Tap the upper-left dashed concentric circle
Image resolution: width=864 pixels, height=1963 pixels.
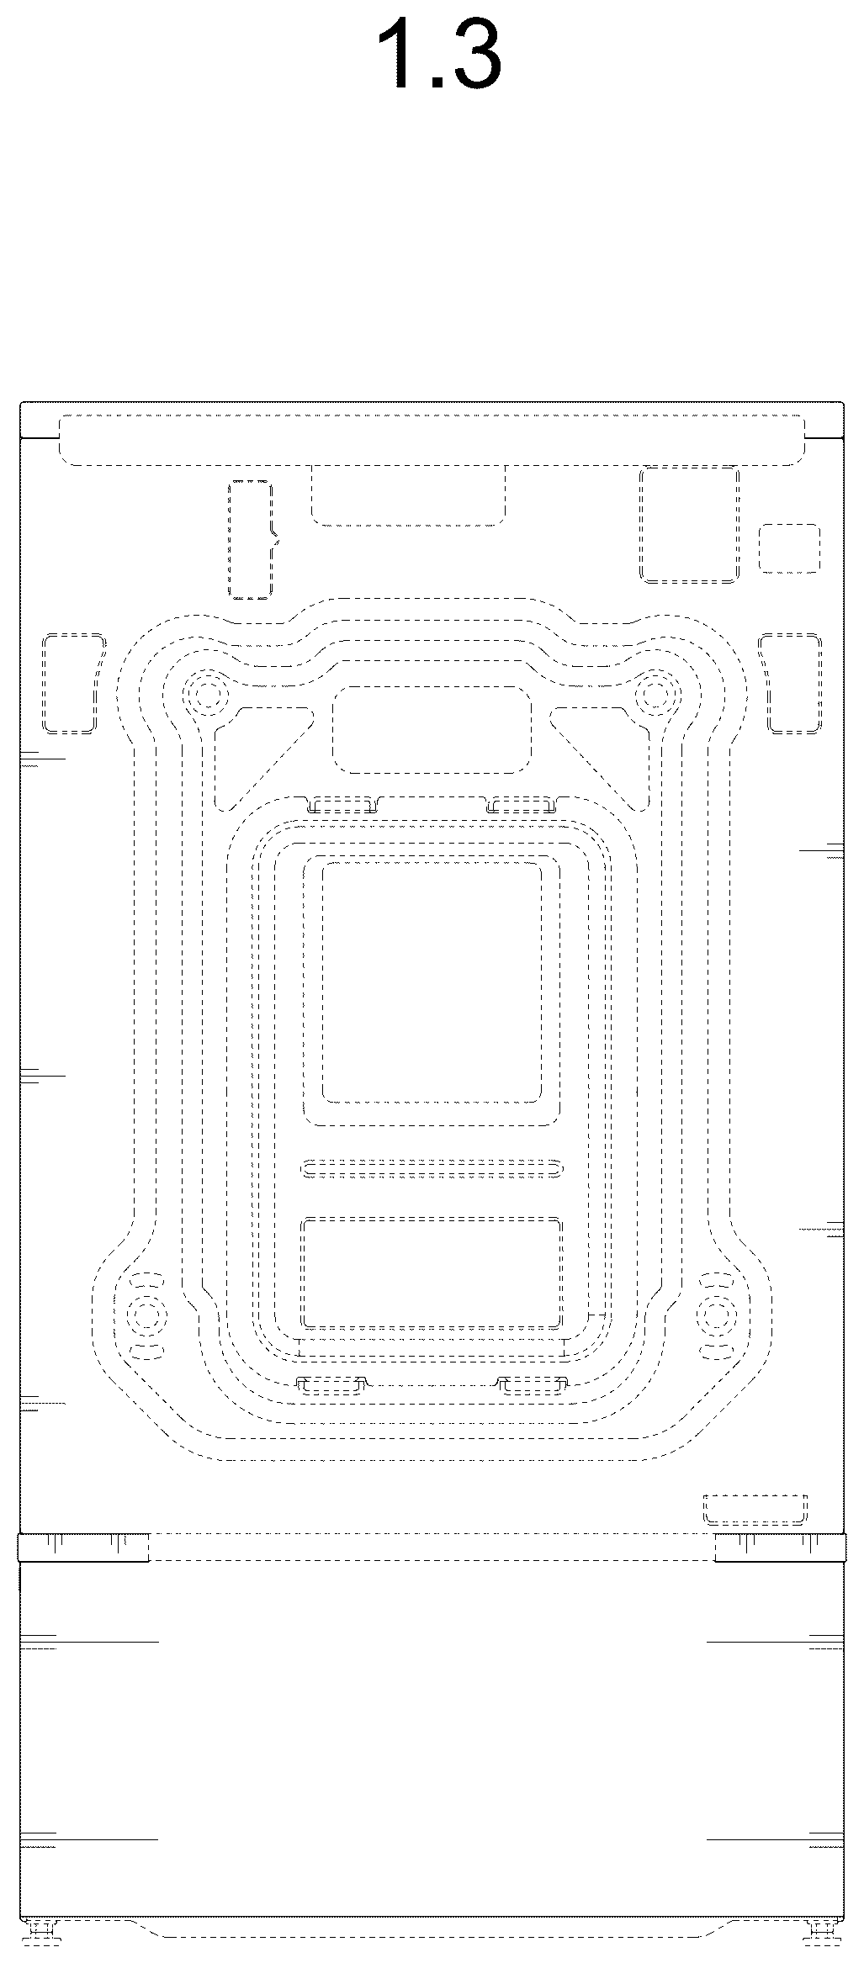click(x=207, y=695)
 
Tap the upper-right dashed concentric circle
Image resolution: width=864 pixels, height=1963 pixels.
click(x=658, y=695)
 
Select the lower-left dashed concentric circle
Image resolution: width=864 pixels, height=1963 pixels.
click(x=146, y=1316)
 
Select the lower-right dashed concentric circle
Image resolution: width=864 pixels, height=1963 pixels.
click(x=718, y=1316)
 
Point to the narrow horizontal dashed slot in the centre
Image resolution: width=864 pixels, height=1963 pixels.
click(x=432, y=1168)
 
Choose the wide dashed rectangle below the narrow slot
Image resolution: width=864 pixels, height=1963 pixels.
click(x=432, y=1273)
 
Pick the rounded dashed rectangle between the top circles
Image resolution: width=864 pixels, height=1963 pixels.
click(x=432, y=730)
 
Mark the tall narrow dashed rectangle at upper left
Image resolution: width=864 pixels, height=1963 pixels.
click(x=251, y=540)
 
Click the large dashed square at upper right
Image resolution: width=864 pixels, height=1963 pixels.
click(x=690, y=525)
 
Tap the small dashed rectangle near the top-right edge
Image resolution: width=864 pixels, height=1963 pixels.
click(x=789, y=548)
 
